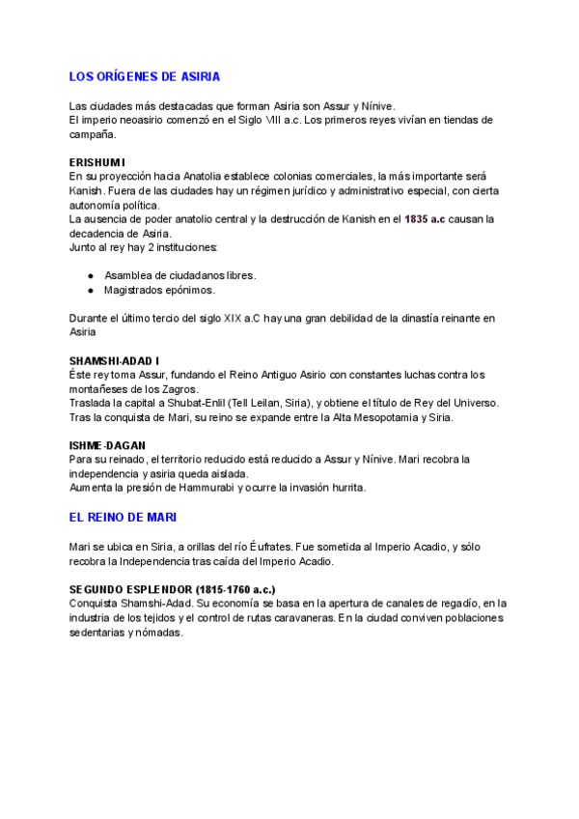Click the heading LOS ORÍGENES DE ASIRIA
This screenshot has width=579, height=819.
click(145, 75)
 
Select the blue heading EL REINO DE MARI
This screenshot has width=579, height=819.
click(123, 518)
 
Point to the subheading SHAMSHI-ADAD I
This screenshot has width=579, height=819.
click(115, 360)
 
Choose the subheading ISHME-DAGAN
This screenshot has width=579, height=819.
click(105, 445)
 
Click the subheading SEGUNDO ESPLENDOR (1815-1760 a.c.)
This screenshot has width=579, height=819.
click(173, 589)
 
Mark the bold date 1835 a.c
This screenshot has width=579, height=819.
click(425, 219)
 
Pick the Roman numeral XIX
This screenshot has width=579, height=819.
click(232, 318)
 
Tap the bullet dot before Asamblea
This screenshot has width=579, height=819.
click(90, 275)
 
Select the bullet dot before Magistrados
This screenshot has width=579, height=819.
click(90, 290)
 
